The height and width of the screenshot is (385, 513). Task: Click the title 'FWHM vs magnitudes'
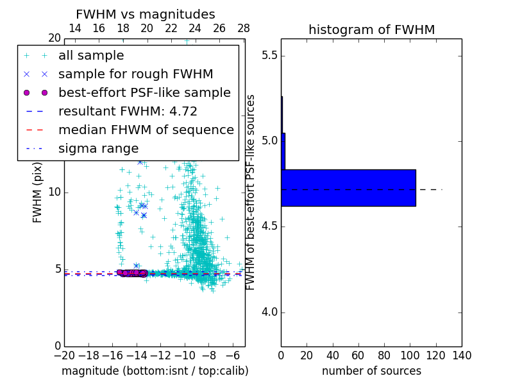pos(146,14)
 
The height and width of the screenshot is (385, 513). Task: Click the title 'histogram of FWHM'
pos(371,30)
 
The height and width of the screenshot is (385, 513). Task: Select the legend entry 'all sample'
pos(91,56)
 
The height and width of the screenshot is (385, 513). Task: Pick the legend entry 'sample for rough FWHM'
pos(135,74)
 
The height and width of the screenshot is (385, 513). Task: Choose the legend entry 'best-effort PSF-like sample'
pos(144,93)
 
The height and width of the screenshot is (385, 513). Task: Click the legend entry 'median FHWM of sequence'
pos(146,130)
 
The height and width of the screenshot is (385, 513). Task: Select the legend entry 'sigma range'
pos(98,148)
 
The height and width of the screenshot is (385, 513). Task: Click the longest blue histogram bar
pos(348,187)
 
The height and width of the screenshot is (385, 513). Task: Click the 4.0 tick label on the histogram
pos(269,312)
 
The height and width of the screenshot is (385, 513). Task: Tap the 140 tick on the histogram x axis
pos(461,355)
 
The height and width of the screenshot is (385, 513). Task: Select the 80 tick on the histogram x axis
pos(384,355)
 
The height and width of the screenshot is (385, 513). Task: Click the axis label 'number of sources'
pos(371,371)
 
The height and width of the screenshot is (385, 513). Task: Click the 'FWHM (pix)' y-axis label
pos(38,192)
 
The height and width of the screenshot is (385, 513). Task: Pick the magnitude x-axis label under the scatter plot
pos(155,371)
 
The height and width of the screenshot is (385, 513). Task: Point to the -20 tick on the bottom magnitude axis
pos(64,355)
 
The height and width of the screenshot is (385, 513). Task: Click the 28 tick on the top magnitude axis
pos(244,28)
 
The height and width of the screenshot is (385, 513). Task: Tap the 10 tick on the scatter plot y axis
pos(55,193)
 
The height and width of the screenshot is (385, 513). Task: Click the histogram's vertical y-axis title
pos(251,192)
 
